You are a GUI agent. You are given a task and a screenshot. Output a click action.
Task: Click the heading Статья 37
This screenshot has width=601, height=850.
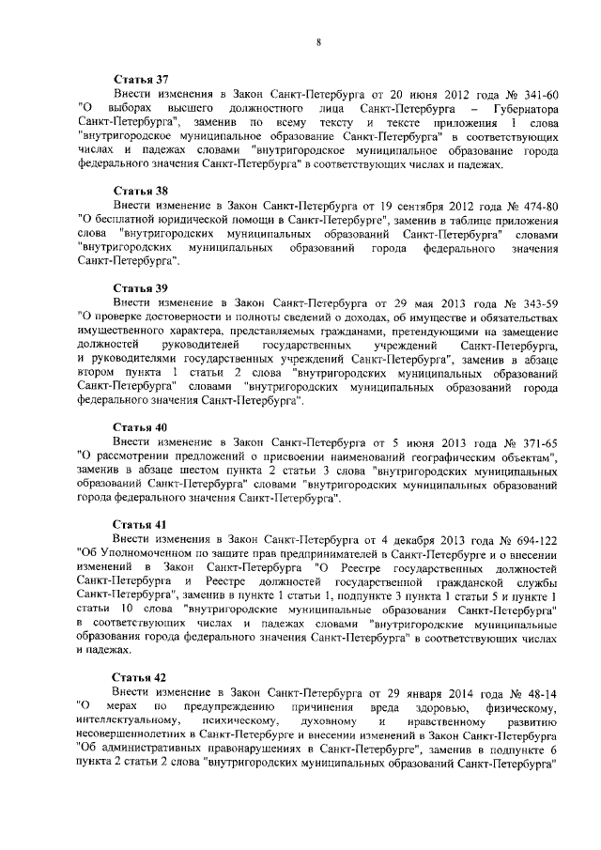tap(140, 81)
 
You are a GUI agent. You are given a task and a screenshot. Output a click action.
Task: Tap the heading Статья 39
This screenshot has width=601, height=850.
tap(140, 287)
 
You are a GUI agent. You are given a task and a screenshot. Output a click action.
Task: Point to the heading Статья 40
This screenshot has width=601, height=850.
tap(140, 425)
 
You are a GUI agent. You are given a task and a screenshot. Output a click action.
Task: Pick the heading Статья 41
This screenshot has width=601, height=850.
tap(140, 522)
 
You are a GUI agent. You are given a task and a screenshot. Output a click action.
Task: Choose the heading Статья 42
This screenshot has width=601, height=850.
tap(140, 675)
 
